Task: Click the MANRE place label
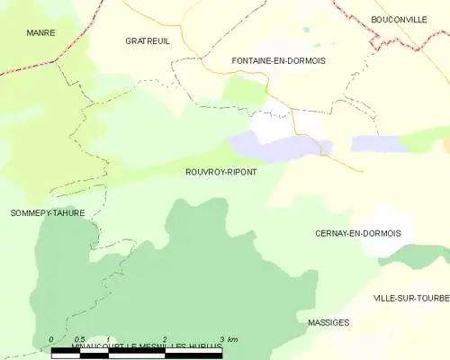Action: (x=40, y=33)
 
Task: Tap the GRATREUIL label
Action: (x=147, y=41)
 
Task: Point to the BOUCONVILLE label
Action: (x=399, y=19)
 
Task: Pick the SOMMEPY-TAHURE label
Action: (x=48, y=213)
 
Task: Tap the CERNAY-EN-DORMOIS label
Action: (x=357, y=233)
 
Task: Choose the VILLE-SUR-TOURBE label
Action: (x=410, y=298)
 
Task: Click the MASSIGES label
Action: (x=328, y=321)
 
